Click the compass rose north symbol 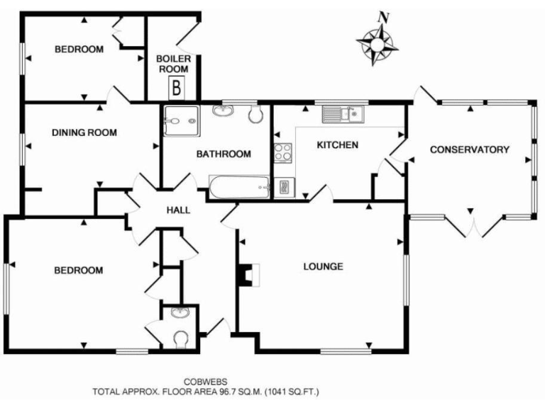click(x=377, y=42)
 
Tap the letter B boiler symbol click(x=175, y=89)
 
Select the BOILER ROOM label click(x=173, y=64)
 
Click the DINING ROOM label click(x=84, y=132)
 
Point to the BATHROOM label click(x=224, y=154)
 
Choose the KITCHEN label click(x=337, y=145)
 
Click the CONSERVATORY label click(x=470, y=149)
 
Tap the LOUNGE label click(x=324, y=267)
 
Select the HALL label click(x=177, y=210)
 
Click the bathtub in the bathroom click(x=240, y=188)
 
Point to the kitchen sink click(x=343, y=113)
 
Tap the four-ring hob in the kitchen click(x=282, y=152)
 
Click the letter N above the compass click(x=383, y=16)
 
